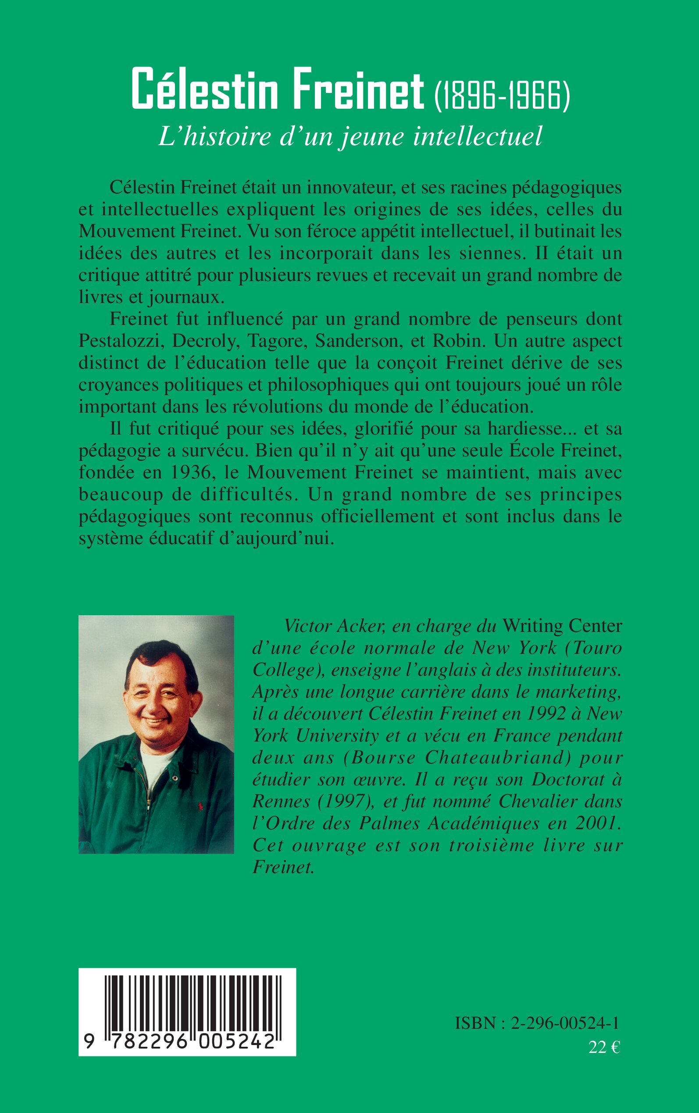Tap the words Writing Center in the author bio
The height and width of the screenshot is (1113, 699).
point(562,626)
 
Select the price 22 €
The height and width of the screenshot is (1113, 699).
point(604,1047)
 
